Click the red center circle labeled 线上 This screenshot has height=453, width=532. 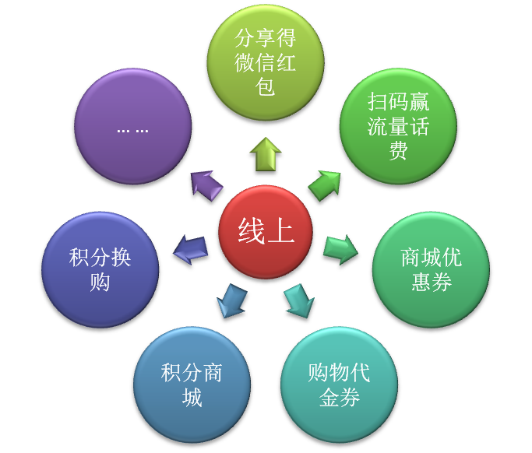coord(266,231)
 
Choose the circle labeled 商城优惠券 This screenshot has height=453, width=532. coord(431,269)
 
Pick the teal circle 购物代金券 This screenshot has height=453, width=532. coord(339,384)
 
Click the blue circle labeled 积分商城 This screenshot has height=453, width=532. coord(192,385)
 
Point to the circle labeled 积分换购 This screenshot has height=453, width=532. coord(100,269)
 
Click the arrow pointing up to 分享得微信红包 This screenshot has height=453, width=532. coord(266,156)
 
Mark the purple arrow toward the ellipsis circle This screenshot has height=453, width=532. coord(206,188)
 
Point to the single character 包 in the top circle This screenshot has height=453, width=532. coord(266,86)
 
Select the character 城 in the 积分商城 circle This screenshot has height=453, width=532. coord(192,398)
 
